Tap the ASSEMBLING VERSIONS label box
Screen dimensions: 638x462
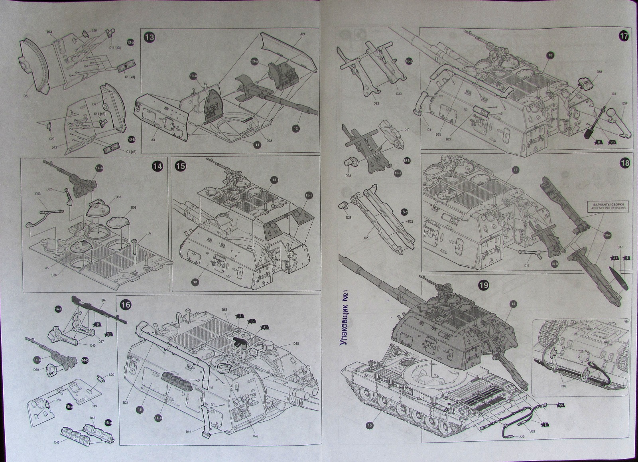(x=606, y=206)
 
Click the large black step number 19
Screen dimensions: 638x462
(x=483, y=285)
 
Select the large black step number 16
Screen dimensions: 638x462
(x=125, y=304)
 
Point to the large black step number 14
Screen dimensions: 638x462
(x=158, y=166)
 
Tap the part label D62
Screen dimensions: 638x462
(x=118, y=197)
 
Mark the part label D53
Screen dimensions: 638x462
(x=38, y=194)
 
